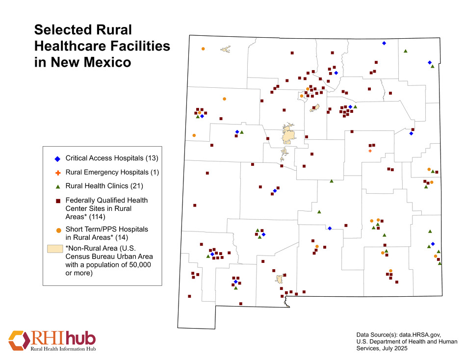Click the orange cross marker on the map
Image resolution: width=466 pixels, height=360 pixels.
(370, 151)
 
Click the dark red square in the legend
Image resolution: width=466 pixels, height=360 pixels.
(58, 201)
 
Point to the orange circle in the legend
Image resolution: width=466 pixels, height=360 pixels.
(58, 230)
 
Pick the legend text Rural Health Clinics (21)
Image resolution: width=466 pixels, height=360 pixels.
(104, 186)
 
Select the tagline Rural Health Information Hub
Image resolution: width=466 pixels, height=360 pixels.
(63, 349)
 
